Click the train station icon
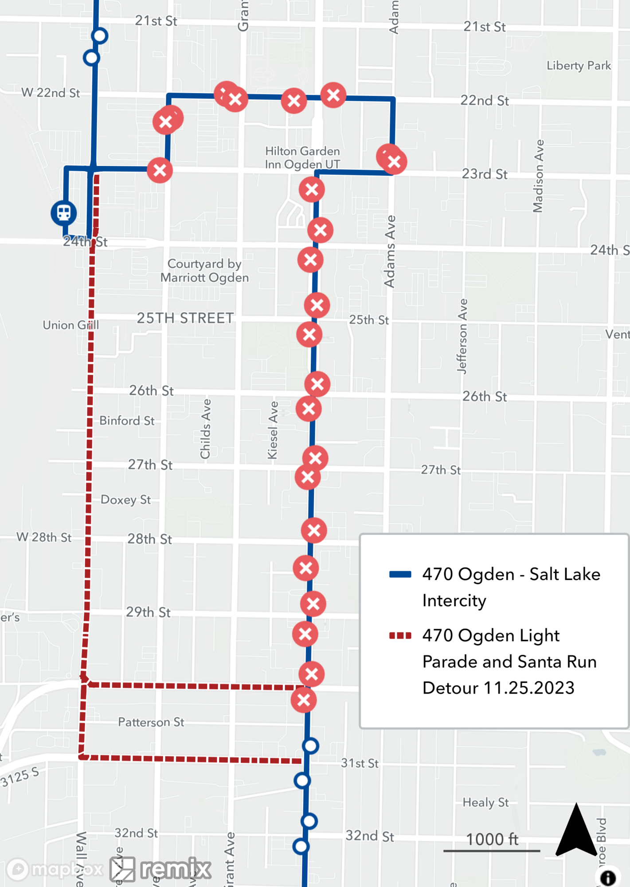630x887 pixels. tap(64, 213)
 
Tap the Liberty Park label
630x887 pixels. tap(579, 66)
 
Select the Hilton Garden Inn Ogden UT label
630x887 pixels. tap(302, 157)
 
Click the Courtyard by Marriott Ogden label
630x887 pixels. tap(204, 271)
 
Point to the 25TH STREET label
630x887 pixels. tap(185, 318)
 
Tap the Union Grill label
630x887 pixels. tap(70, 325)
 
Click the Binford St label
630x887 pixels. tap(127, 420)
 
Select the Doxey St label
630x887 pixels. tap(125, 500)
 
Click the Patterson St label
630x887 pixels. tap(151, 722)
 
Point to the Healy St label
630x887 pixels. tap(485, 802)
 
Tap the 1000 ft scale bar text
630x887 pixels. tap(492, 839)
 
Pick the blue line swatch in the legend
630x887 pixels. tap(400, 574)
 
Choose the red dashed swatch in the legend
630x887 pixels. tap(400, 636)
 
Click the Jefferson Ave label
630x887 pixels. tap(462, 336)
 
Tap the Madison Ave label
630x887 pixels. tap(538, 176)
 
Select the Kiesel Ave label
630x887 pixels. tap(273, 430)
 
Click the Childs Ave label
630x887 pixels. tap(205, 429)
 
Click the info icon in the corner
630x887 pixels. tap(608, 877)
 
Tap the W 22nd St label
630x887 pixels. tap(51, 93)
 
